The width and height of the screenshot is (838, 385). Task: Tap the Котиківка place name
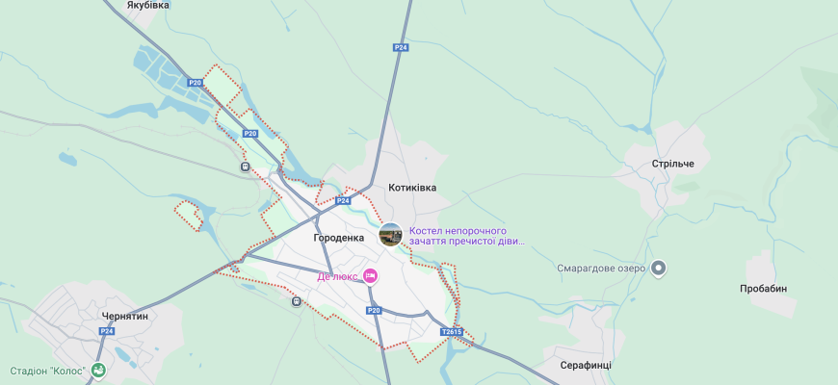pos(412,188)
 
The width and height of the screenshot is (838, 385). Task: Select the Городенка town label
pos(339,237)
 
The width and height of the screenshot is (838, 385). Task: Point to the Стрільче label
pos(672,164)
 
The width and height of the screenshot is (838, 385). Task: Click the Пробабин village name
pos(763,289)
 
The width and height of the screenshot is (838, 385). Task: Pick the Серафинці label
pos(586,366)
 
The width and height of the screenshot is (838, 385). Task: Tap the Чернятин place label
pos(125,316)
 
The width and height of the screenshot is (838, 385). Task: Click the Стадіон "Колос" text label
pos(48,371)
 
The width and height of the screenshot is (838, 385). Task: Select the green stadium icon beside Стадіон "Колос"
pos(98,371)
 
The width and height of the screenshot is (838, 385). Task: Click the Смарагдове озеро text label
pos(600,269)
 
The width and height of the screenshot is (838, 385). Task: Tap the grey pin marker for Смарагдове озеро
pos(659,269)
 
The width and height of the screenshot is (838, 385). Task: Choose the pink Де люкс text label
pos(337,276)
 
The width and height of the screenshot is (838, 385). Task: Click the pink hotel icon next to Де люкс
pos(370,276)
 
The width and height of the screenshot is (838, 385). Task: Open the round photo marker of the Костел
pos(391,235)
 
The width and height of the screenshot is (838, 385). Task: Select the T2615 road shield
pos(452,332)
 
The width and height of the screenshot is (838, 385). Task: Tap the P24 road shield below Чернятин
pos(106,331)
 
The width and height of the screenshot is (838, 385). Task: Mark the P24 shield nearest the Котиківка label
pos(343,201)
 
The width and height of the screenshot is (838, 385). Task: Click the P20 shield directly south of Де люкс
pos(374,310)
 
